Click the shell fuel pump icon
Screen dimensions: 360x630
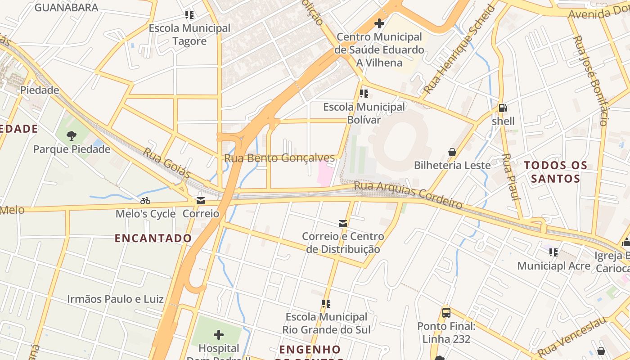click(x=503, y=108)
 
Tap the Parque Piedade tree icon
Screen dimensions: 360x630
click(x=72, y=135)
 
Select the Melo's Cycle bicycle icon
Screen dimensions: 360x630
click(x=145, y=201)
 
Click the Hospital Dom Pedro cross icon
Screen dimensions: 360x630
click(x=219, y=335)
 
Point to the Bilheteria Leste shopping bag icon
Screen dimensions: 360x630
click(x=452, y=152)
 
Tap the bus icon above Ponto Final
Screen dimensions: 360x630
click(x=446, y=312)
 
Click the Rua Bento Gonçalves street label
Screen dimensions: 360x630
click(x=279, y=158)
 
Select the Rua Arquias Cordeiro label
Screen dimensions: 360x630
click(x=408, y=195)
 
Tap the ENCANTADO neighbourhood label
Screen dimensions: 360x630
click(x=153, y=238)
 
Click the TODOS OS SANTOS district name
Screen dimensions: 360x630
click(x=556, y=172)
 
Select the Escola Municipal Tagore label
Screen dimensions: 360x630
click(x=189, y=35)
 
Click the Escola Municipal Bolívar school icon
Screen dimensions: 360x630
click(x=364, y=94)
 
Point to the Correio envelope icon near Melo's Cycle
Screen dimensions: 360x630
click(x=201, y=201)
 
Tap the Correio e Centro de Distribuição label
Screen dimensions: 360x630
click(x=343, y=243)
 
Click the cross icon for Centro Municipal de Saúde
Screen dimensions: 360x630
click(x=379, y=23)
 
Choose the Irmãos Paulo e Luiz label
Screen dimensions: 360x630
click(x=115, y=299)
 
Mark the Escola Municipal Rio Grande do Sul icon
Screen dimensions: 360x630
click(x=326, y=304)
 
